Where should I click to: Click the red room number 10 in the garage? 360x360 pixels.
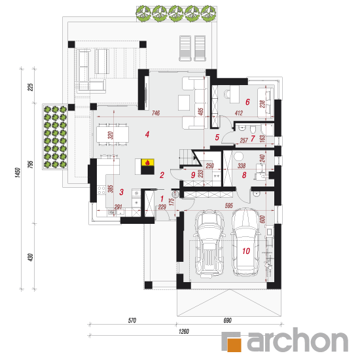246,251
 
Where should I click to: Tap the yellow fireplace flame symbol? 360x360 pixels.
148,162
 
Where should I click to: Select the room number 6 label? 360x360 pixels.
247,102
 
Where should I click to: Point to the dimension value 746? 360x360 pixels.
156,113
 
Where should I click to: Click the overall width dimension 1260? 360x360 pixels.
184,331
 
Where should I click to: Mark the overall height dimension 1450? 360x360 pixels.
18,172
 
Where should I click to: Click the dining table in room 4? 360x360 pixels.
113,134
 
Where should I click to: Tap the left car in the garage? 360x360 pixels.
209,243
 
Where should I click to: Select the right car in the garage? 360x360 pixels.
246,242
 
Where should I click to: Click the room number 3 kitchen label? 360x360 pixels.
122,192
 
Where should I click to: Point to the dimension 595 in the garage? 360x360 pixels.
229,206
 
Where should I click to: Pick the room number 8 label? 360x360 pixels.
244,175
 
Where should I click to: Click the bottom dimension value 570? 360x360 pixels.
132,320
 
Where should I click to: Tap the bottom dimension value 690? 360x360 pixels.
228,320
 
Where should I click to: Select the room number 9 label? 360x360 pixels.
193,175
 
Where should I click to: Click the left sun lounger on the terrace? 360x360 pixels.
185,48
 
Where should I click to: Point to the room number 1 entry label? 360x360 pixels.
162,198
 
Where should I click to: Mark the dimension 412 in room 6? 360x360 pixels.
239,113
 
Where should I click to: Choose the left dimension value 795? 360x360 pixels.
30,164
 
